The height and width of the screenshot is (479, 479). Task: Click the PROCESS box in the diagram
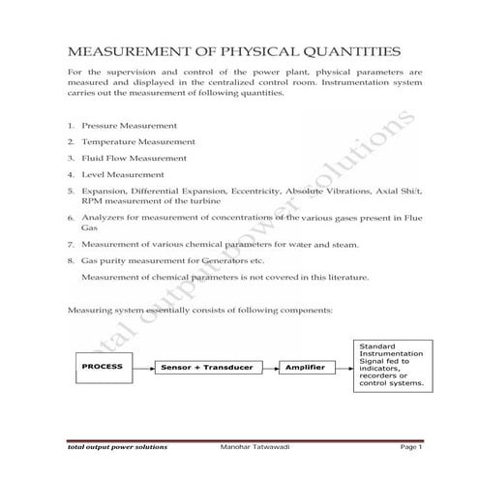102,369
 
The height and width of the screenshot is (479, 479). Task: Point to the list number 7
72,244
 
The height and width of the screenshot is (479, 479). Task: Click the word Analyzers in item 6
105,220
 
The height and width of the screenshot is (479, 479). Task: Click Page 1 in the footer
411,447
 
